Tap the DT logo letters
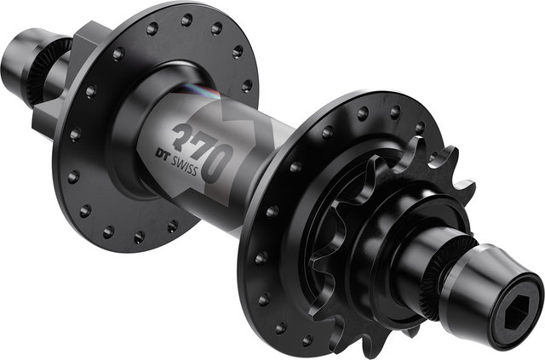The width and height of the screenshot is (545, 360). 162,155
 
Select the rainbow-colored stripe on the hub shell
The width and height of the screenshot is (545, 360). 200,91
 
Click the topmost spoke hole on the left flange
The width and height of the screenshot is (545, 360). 186,20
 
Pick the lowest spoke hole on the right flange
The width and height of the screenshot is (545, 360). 307,340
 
